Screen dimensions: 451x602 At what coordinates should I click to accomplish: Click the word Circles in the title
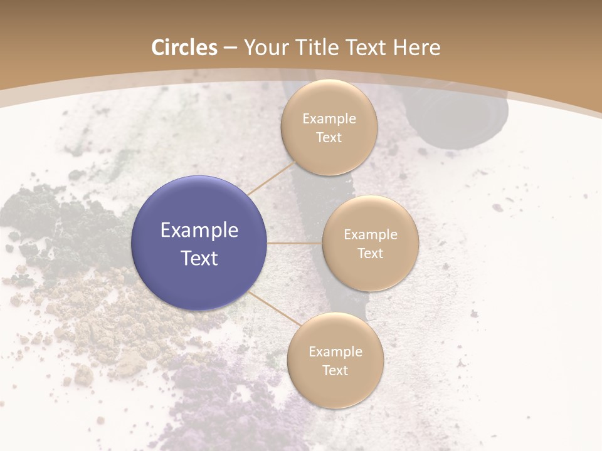coord(184,48)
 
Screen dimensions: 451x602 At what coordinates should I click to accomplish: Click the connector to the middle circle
coord(295,243)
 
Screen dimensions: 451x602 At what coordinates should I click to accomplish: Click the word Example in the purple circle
coord(199,231)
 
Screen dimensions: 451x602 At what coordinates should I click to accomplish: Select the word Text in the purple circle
coord(199,258)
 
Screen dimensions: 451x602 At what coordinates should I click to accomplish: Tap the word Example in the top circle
coord(329,119)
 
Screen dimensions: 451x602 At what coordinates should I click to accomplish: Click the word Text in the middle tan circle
coord(370,253)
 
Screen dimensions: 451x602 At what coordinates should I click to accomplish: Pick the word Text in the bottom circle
coord(335,370)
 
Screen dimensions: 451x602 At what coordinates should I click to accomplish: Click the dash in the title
coord(230,48)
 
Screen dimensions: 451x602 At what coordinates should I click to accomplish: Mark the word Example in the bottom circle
coord(335,351)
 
